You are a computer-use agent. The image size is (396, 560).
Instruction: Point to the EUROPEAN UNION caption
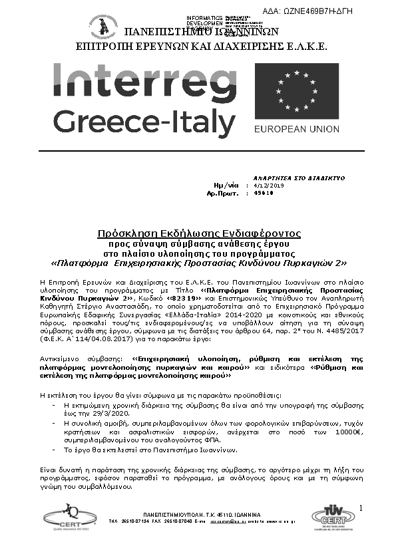(x=297, y=129)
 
